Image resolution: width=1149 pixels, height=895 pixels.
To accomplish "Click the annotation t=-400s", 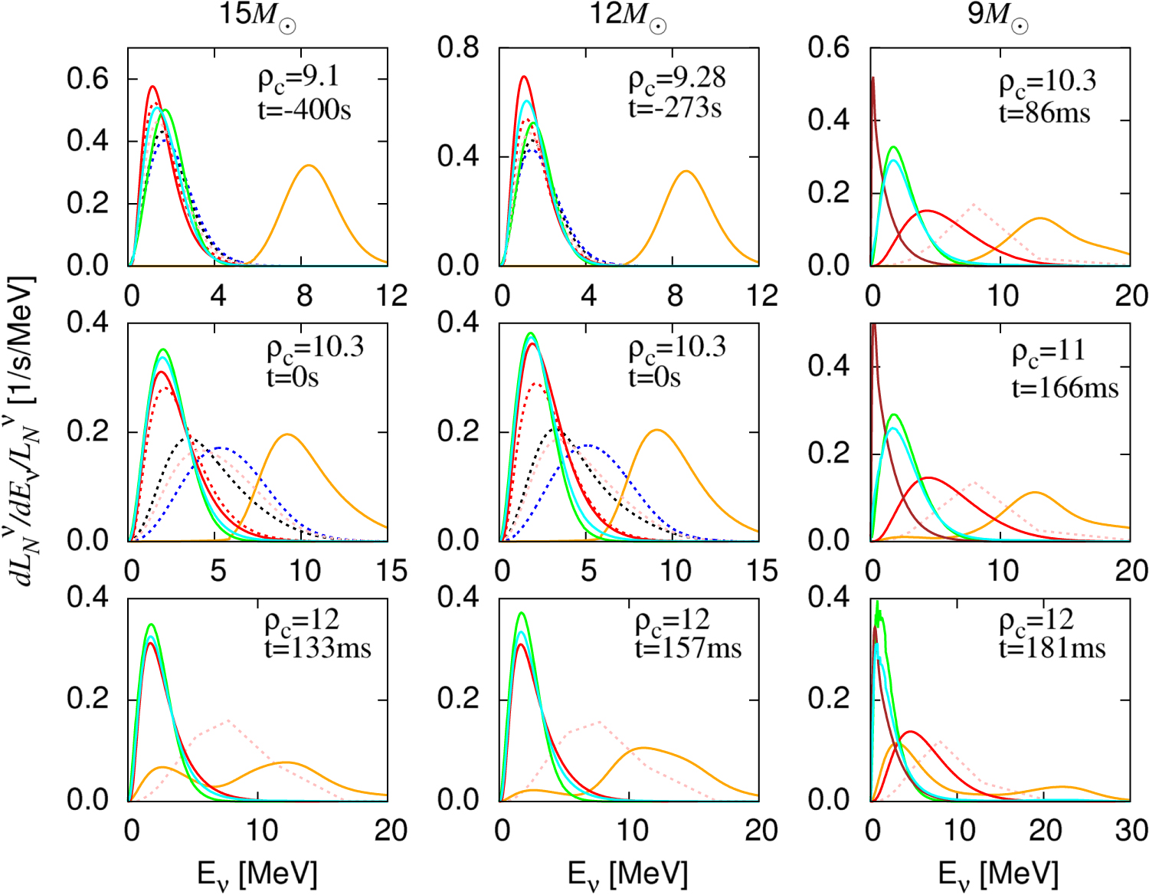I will click(305, 110).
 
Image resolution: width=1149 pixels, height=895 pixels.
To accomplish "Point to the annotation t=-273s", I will click(675, 108).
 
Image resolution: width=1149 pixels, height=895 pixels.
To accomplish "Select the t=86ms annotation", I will click(1045, 113).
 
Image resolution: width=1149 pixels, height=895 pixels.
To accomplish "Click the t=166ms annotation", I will click(1065, 388).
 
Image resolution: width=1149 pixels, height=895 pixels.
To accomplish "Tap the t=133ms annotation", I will click(318, 648).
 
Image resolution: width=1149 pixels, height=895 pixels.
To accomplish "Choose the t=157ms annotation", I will click(689, 648).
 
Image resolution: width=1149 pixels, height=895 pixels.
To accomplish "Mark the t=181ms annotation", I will click(1052, 648).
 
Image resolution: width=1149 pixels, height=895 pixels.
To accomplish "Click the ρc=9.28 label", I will click(677, 79).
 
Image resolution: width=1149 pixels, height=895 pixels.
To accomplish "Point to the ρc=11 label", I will click(1049, 352).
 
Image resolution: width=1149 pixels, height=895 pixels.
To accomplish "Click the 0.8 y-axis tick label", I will click(458, 48).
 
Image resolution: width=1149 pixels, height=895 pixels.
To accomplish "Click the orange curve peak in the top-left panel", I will click(309, 166).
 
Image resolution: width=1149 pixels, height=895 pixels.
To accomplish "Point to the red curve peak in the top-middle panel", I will click(524, 77).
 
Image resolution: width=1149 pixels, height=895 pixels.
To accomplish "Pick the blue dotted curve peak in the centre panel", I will click(588, 444).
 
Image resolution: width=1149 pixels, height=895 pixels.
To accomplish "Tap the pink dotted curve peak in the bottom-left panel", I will click(228, 720).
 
